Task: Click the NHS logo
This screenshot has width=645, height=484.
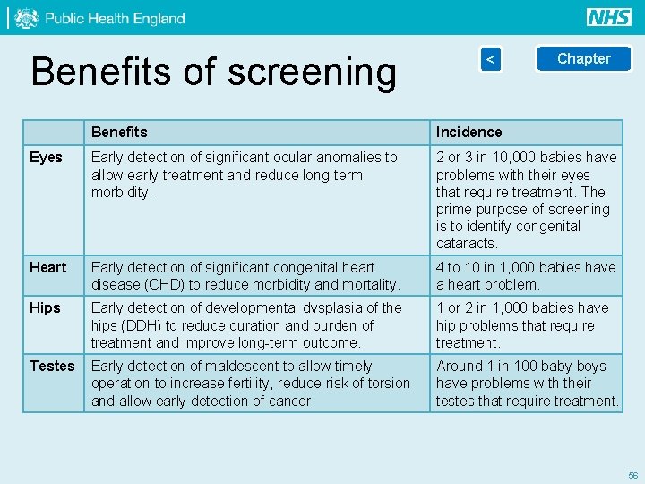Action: tap(609, 17)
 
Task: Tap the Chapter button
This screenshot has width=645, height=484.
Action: tap(583, 59)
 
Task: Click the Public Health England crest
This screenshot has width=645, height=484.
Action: tap(27, 18)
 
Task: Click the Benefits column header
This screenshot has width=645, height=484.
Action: tap(119, 133)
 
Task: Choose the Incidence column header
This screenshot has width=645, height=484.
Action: tap(469, 133)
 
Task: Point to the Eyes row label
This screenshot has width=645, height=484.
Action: tap(46, 158)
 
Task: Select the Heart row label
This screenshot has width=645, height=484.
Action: tap(47, 268)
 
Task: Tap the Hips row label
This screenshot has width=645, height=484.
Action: tap(45, 308)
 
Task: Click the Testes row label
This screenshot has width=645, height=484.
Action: tap(52, 366)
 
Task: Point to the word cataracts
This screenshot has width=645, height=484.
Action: tap(466, 244)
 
